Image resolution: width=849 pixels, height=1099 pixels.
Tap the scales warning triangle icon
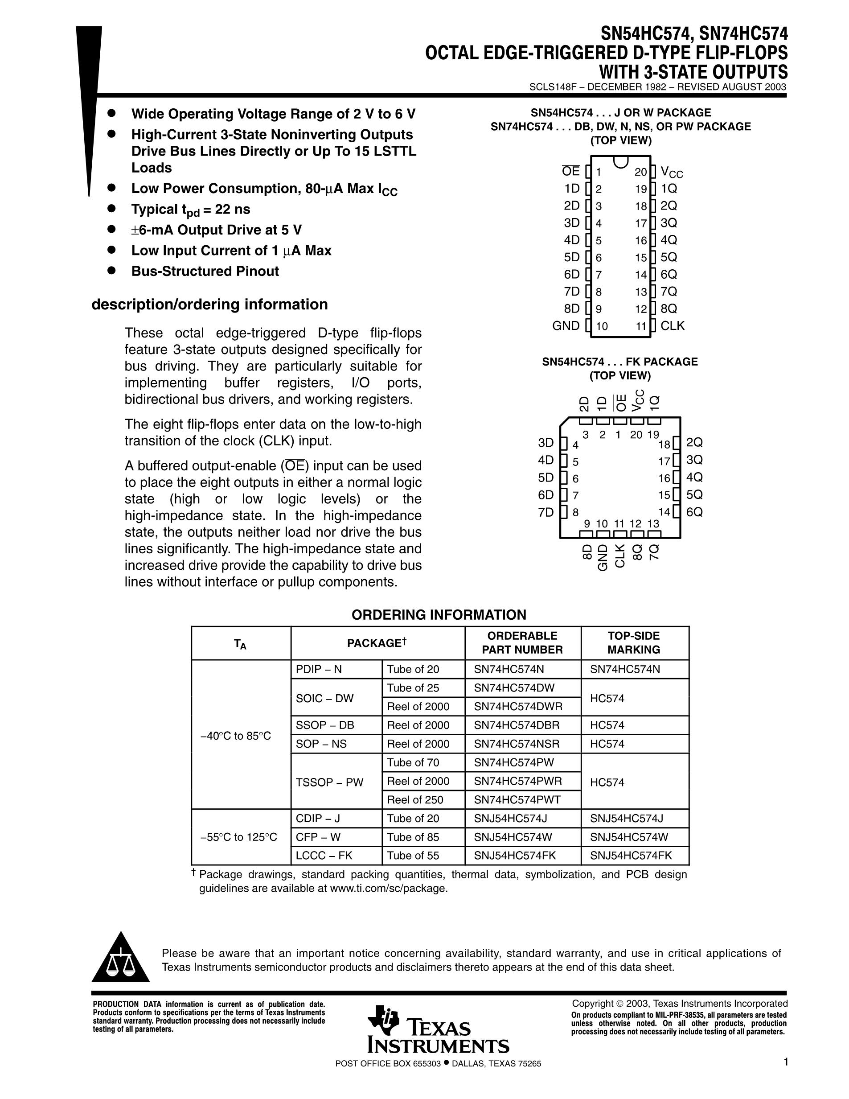(120, 959)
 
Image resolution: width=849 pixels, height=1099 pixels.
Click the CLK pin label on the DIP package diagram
(672, 325)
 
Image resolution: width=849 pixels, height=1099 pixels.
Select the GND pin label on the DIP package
(566, 325)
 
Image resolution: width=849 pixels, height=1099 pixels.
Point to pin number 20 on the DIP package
(640, 172)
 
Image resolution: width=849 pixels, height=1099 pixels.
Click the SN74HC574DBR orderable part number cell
(517, 725)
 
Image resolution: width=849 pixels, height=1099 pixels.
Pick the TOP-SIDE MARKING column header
(633, 642)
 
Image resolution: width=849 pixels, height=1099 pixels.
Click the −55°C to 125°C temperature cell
(239, 837)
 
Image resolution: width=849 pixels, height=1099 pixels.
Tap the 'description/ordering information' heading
(210, 305)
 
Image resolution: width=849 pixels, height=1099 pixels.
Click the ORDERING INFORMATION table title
(439, 614)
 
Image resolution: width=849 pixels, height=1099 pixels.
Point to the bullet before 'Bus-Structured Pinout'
(112, 271)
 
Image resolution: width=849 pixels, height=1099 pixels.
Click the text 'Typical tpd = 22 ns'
(191, 210)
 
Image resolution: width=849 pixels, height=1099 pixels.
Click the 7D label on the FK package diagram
(545, 512)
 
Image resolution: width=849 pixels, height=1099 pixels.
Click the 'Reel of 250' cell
(415, 799)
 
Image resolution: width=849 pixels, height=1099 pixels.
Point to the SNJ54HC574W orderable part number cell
(513, 837)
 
